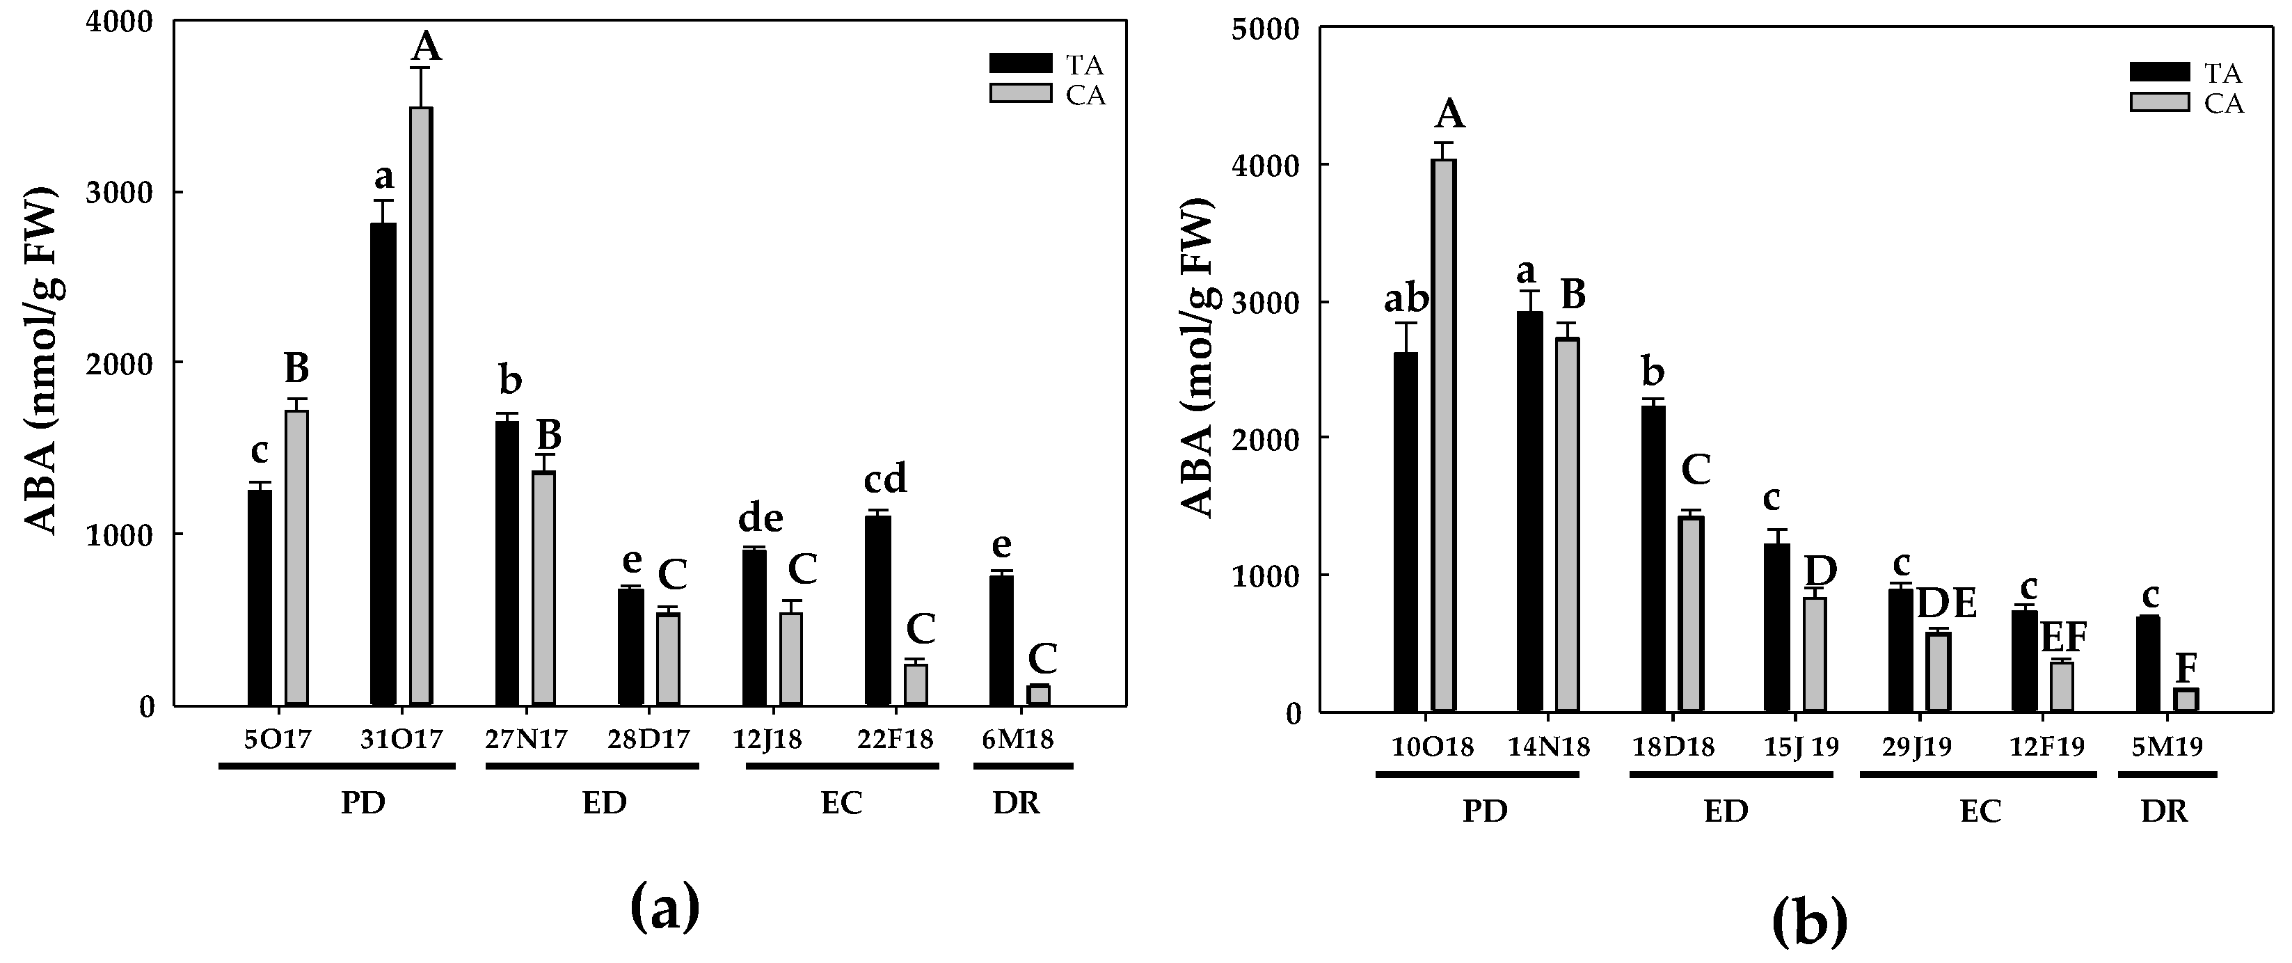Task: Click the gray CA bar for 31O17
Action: pos(421,406)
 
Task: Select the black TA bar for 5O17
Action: pos(260,597)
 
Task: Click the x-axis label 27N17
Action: pos(526,740)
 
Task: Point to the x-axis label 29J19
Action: pos(1916,747)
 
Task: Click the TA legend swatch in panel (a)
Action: pos(1021,64)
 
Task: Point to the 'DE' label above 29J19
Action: pos(1946,603)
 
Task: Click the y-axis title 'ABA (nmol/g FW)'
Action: pos(39,360)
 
